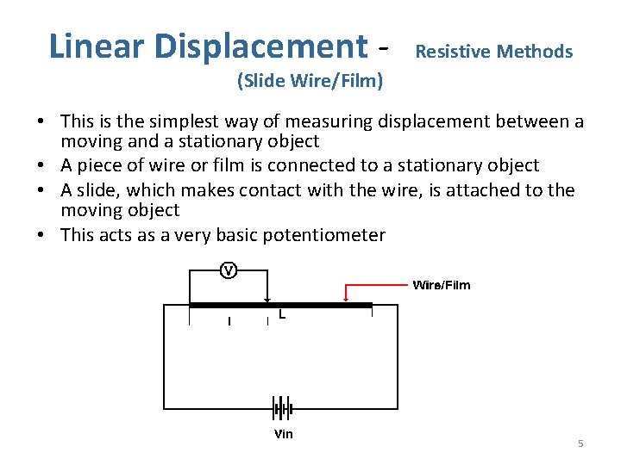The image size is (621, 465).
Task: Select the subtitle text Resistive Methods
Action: point(493,52)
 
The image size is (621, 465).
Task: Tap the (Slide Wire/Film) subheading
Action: point(310,83)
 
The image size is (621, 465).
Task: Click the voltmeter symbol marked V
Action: point(228,270)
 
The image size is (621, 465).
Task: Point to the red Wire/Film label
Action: point(442,285)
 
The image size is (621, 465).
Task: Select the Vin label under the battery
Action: point(283,434)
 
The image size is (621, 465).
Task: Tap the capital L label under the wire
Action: point(282,316)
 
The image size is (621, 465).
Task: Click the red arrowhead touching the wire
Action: point(346,299)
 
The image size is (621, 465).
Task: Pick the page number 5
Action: point(580,443)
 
